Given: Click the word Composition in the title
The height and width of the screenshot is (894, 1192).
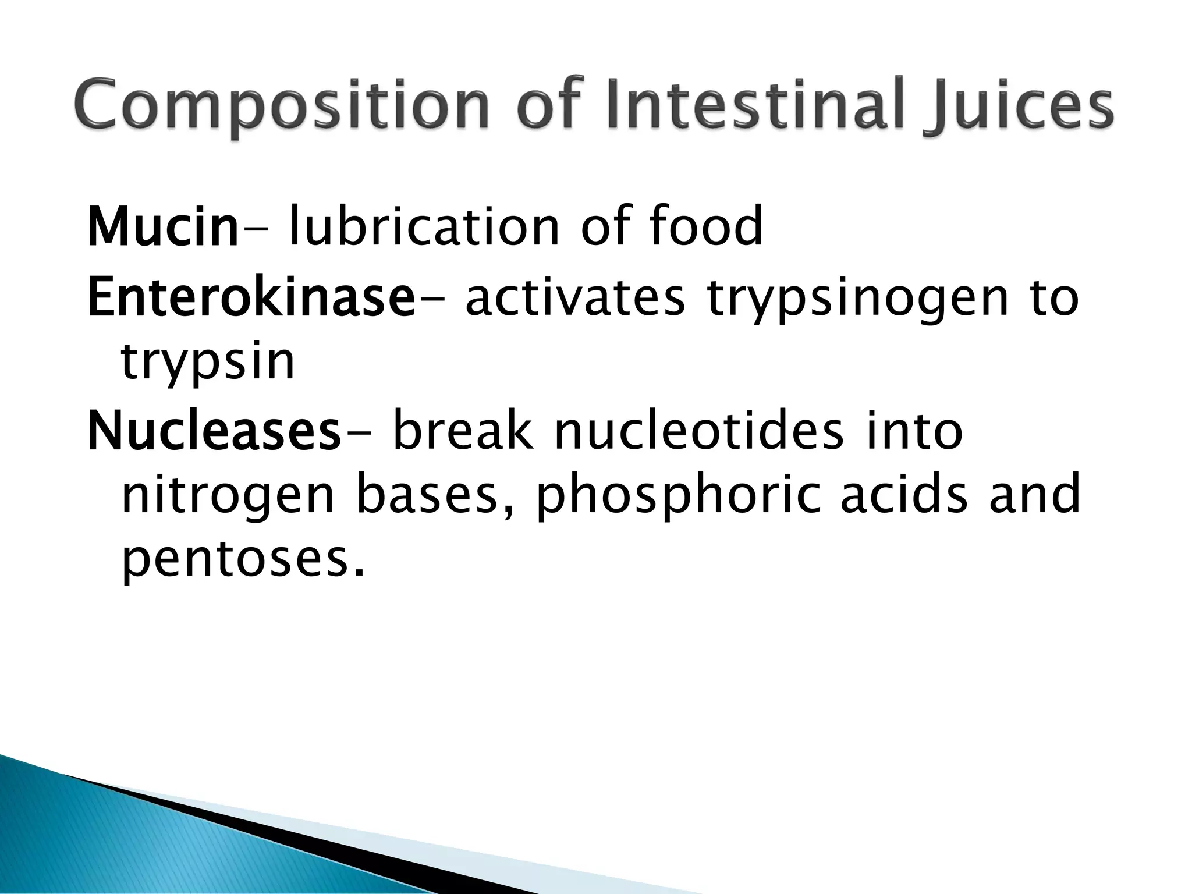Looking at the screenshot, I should pos(279,107).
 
